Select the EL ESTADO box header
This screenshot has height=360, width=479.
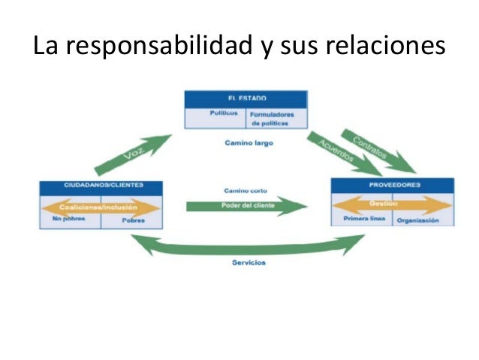tap(246, 98)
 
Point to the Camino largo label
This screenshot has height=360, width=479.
tap(246, 142)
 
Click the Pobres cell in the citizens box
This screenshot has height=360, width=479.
tap(133, 221)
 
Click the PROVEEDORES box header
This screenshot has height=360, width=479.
tap(392, 184)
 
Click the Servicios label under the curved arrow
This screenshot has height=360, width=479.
tap(248, 262)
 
